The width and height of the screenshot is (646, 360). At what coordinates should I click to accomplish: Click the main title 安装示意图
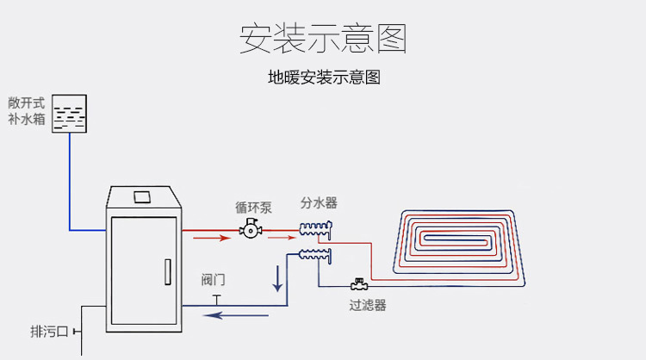click(x=323, y=38)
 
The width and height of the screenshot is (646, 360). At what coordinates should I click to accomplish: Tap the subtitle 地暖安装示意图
click(x=324, y=78)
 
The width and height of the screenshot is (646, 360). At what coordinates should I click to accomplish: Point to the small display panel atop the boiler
click(x=142, y=196)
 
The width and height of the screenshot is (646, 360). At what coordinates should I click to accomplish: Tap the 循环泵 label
click(x=253, y=208)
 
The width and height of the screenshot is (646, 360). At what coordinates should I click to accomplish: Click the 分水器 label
click(x=319, y=203)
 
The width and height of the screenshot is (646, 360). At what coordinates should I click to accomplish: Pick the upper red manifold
click(x=316, y=229)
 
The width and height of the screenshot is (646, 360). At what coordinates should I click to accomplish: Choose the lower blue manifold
click(x=315, y=254)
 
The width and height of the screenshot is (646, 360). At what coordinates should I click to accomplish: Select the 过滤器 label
click(x=367, y=305)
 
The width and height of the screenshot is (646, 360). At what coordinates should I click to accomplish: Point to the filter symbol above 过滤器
click(x=357, y=285)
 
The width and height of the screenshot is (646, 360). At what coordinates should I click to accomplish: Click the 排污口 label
click(x=49, y=332)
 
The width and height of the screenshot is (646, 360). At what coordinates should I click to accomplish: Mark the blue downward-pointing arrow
click(x=278, y=278)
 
